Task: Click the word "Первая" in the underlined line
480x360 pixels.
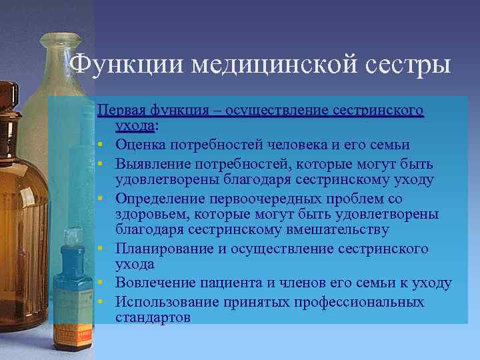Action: click(x=121, y=110)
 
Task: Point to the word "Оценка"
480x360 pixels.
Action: click(x=141, y=145)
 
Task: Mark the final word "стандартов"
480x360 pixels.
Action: click(x=153, y=317)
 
